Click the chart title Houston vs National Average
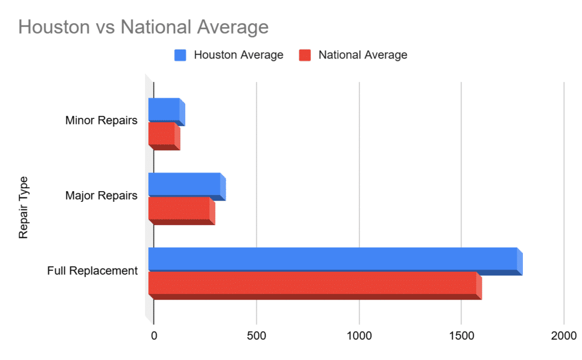click(x=143, y=27)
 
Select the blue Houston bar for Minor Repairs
click(x=165, y=110)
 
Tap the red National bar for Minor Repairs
click(x=163, y=134)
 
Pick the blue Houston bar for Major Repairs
click(x=185, y=184)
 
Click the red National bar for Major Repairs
click(x=180, y=209)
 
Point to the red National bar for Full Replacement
click(x=313, y=283)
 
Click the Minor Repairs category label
click(x=101, y=121)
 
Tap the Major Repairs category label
click(x=101, y=196)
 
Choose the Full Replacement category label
click(x=92, y=271)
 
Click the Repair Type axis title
click(x=23, y=208)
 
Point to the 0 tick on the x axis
click(x=153, y=336)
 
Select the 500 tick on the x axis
click(x=256, y=336)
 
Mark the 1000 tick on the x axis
click(x=359, y=336)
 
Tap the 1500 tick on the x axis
click(x=461, y=336)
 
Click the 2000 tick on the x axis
click(x=564, y=336)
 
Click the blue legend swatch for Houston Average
click(x=180, y=55)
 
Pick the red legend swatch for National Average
click(x=305, y=55)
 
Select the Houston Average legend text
click(x=238, y=55)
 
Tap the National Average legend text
click(x=363, y=55)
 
